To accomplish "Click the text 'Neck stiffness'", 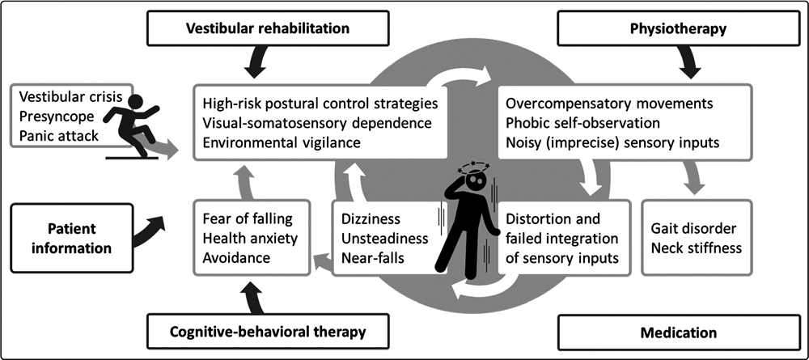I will coord(697,247).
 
